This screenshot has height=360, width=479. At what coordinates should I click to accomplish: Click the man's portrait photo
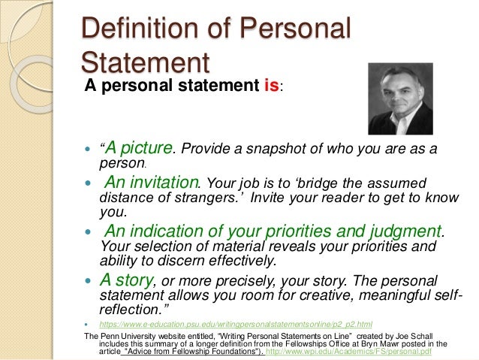tap(399, 98)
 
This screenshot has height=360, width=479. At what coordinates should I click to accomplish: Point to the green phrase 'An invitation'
tap(151, 183)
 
